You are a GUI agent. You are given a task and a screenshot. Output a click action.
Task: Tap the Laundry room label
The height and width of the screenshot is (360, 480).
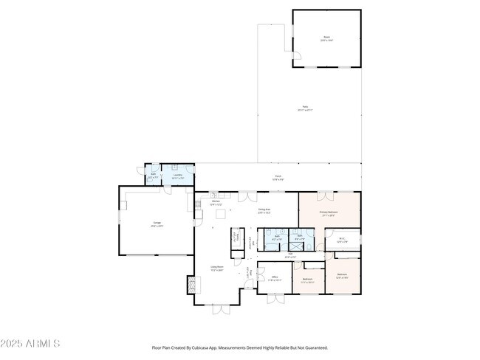[177, 176]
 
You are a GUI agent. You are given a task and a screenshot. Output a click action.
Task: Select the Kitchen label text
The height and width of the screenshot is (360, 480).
[216, 203]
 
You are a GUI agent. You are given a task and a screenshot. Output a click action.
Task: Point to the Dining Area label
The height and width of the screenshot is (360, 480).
[264, 211]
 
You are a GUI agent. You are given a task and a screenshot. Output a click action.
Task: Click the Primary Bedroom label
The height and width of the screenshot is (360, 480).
[329, 213]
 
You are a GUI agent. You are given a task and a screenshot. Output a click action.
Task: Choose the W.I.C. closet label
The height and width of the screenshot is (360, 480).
[343, 239]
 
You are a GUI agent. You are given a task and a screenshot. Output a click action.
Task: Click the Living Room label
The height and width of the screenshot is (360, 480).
[217, 269]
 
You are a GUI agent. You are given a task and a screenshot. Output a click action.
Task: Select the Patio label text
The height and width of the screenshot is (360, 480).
[304, 108]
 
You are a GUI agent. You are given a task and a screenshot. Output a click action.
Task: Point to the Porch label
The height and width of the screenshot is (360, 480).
[278, 177]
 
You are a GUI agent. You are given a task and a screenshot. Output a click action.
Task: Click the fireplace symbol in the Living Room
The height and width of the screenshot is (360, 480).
[193, 284]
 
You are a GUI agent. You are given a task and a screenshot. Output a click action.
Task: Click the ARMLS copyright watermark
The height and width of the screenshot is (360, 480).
[31, 344]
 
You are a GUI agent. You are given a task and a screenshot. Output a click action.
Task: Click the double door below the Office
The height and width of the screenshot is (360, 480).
[274, 298]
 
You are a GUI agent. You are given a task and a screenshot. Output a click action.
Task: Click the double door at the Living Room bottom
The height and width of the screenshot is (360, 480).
[222, 308]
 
